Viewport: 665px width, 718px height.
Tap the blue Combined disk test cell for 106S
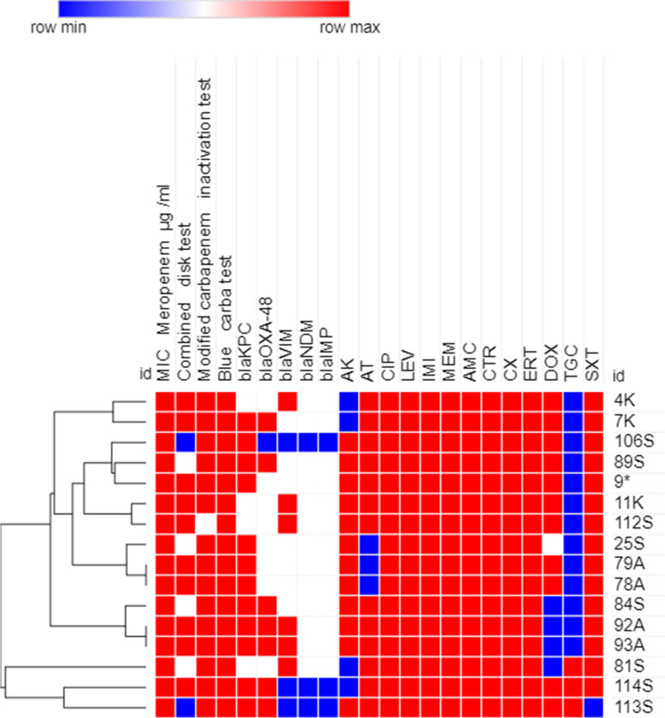[186, 441]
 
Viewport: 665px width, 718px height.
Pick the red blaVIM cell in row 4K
[288, 401]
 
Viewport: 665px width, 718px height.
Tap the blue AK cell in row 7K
[349, 420]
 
